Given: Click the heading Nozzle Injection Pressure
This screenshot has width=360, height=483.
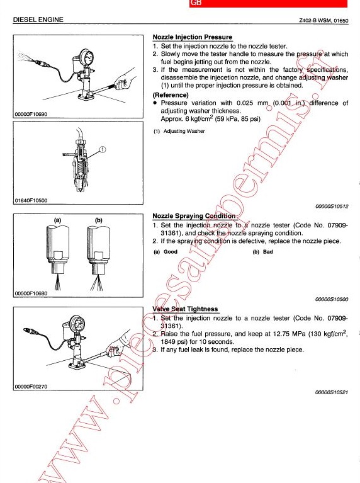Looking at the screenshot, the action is (x=193, y=37).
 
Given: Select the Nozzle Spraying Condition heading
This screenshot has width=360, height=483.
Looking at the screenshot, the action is (x=194, y=216).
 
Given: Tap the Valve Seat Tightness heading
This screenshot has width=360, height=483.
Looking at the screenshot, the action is (x=185, y=309).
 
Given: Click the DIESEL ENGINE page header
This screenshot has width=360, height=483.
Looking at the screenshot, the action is (x=38, y=20).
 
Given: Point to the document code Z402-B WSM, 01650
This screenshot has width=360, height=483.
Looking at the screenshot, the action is (x=323, y=21).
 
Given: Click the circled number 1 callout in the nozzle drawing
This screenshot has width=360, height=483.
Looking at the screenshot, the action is (x=103, y=149).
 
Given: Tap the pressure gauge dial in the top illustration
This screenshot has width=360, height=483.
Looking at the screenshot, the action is (x=87, y=57).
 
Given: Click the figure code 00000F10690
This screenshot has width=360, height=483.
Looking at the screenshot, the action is (x=31, y=114).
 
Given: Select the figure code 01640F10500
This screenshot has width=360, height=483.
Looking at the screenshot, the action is (x=31, y=200).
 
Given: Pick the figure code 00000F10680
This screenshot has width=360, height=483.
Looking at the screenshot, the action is (x=31, y=293).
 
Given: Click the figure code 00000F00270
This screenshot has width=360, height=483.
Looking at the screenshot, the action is (x=31, y=387).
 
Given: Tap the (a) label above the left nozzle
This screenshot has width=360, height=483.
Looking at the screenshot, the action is (x=58, y=220).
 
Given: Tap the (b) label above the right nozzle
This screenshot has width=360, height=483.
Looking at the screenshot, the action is (x=99, y=220).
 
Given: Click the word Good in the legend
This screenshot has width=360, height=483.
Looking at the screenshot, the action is (x=171, y=252).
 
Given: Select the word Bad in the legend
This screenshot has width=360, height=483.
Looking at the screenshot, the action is (x=268, y=252).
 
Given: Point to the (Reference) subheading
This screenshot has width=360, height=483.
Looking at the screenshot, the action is (x=171, y=95).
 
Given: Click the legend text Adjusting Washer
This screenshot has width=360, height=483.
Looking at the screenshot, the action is (x=184, y=131).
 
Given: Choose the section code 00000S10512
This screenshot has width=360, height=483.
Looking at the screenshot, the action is (x=332, y=207).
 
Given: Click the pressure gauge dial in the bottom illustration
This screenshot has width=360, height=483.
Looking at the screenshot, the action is (x=77, y=324).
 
